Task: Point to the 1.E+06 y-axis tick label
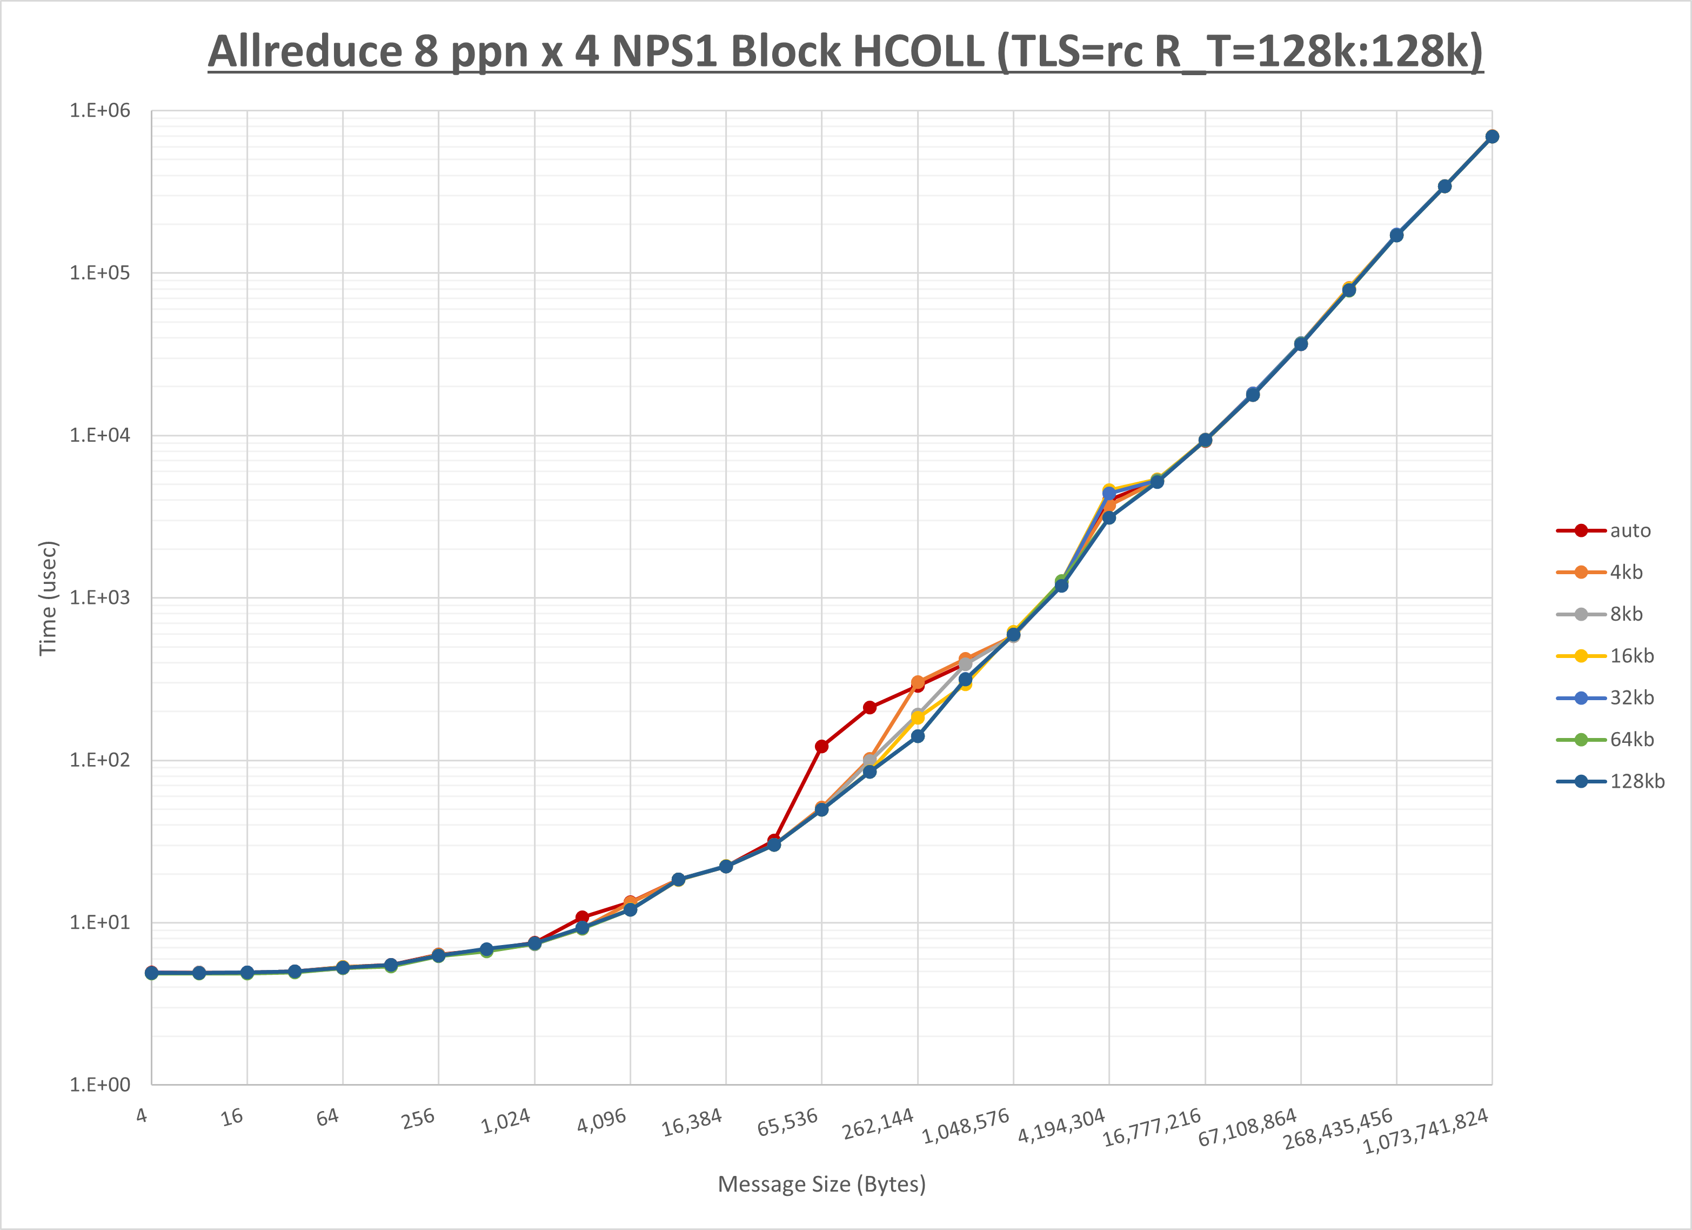(99, 110)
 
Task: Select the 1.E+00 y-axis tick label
(99, 1085)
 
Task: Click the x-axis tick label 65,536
(788, 1122)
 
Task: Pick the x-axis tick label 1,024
(506, 1121)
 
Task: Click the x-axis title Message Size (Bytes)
(821, 1185)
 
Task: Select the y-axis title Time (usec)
(48, 598)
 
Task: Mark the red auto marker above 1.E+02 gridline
(821, 746)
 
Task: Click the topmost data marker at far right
(1492, 137)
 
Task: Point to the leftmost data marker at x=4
(151, 973)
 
